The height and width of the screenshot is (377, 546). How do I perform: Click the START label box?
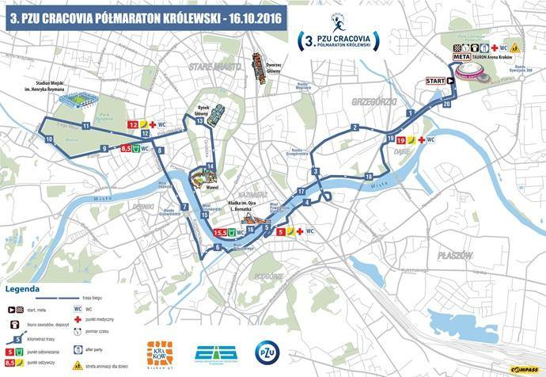coord(435,81)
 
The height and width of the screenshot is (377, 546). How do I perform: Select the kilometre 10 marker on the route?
coord(49,139)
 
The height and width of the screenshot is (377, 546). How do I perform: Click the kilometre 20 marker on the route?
coord(447,104)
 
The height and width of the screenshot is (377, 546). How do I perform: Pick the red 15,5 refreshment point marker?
coord(222,233)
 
